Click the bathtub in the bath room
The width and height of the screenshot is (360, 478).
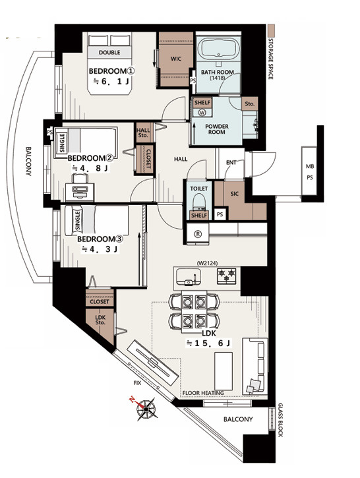[218, 49]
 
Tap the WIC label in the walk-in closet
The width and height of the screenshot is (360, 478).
[176, 59]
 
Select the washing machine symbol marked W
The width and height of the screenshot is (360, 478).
[202, 113]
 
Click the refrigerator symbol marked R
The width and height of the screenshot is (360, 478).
[198, 234]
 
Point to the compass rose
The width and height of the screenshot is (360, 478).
[146, 408]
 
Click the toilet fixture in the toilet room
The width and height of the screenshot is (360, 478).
[199, 201]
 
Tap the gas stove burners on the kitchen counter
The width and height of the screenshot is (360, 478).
[226, 276]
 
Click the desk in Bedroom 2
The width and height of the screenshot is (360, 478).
[80, 191]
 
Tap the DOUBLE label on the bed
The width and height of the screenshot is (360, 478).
[109, 53]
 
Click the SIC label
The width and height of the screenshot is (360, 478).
[235, 194]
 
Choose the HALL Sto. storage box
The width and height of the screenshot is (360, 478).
[144, 133]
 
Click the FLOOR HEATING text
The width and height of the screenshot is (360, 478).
[203, 393]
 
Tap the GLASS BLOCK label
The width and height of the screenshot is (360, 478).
[280, 420]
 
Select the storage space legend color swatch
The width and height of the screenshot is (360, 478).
[271, 30]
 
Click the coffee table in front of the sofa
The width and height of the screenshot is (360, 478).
[224, 371]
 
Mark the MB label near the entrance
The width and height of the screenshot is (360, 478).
[310, 166]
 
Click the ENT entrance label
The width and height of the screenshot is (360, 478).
[231, 162]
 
